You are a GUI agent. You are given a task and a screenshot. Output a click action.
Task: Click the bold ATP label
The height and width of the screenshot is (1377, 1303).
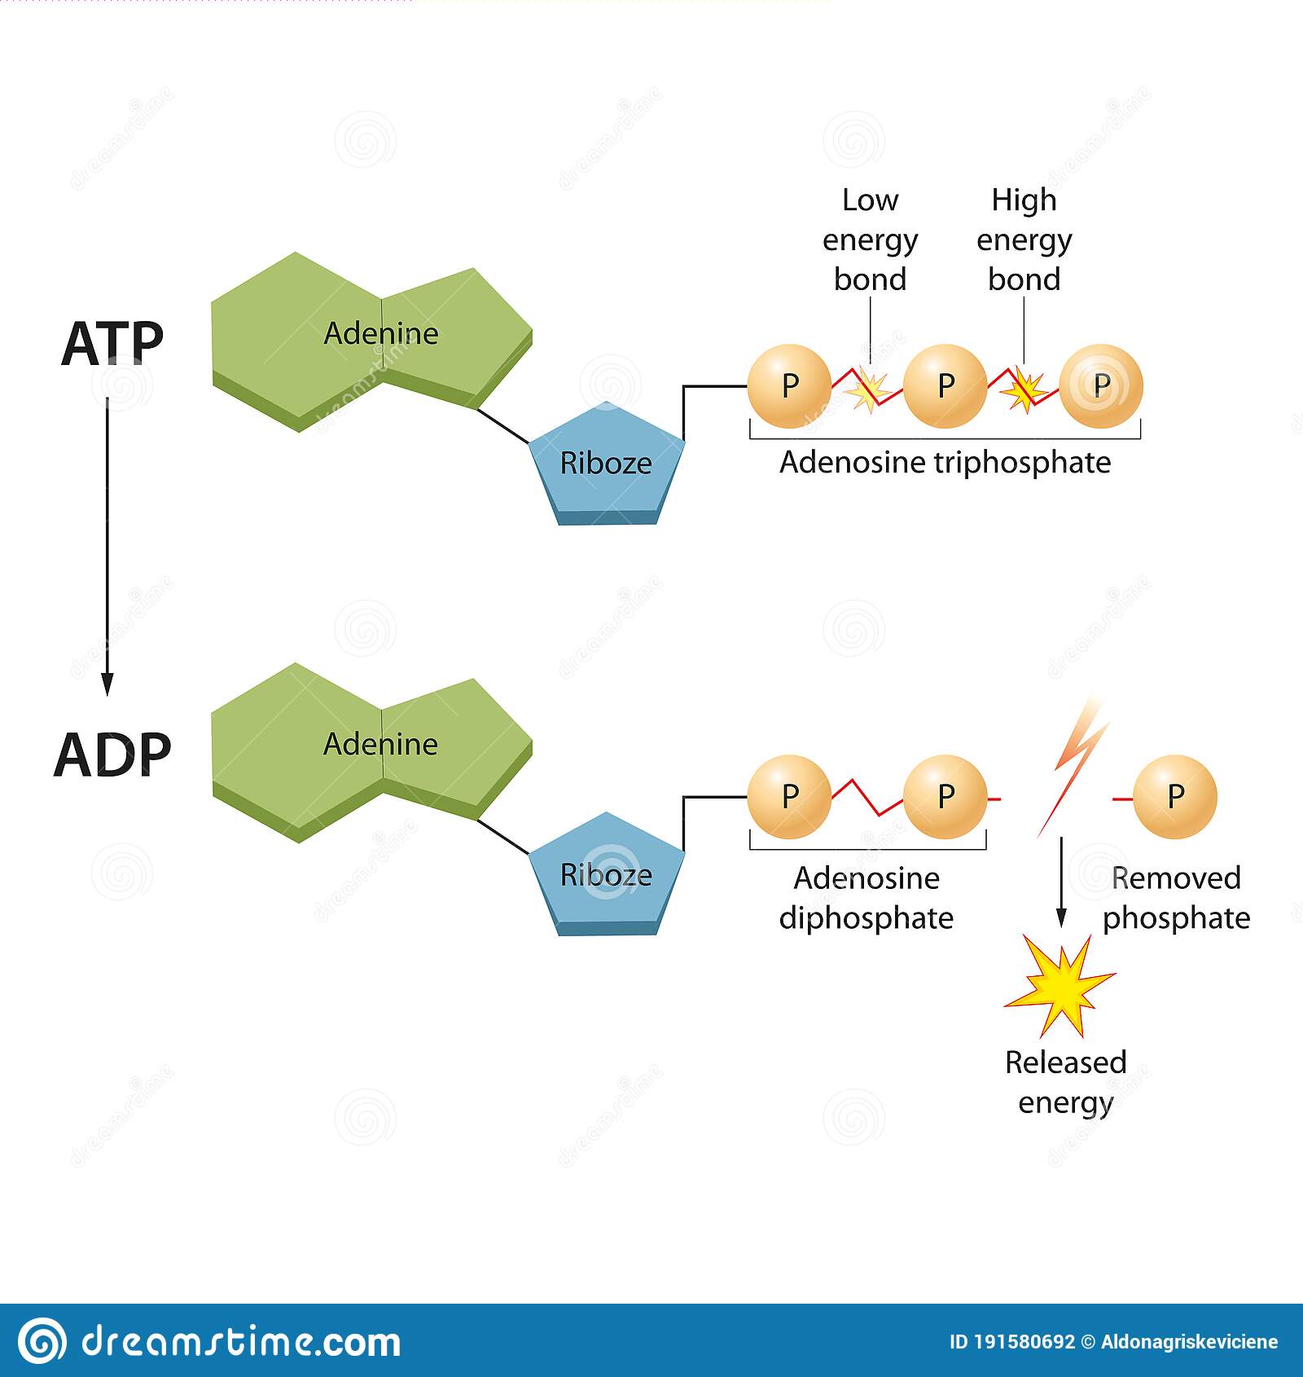click(x=112, y=344)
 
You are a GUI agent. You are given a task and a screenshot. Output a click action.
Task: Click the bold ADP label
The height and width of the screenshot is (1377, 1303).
click(x=112, y=754)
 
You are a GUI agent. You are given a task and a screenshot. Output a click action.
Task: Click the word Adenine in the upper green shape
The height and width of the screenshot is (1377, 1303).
click(x=381, y=333)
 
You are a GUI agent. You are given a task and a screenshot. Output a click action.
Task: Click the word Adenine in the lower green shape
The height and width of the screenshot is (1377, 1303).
click(x=381, y=744)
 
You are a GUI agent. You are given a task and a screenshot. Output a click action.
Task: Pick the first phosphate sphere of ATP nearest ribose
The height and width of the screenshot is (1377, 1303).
click(x=789, y=385)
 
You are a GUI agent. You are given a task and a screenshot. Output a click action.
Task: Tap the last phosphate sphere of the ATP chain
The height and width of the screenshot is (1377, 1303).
click(x=1101, y=385)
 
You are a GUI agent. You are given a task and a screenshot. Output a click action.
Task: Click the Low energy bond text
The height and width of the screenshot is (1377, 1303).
click(x=870, y=240)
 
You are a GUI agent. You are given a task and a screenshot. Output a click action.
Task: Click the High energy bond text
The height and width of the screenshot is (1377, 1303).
click(x=1024, y=240)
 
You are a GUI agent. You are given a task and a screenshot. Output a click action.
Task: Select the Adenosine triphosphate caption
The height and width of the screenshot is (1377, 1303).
click(x=945, y=463)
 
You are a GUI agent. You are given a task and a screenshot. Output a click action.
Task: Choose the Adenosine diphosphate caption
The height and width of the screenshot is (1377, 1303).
click(x=866, y=898)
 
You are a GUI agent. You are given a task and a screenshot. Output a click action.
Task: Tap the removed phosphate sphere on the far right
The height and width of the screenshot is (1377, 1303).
click(x=1174, y=797)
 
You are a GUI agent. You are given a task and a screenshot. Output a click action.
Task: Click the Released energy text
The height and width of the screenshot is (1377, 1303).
click(x=1065, y=1082)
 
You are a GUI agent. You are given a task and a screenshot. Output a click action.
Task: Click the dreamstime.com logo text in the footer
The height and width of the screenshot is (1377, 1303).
click(x=240, y=1342)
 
